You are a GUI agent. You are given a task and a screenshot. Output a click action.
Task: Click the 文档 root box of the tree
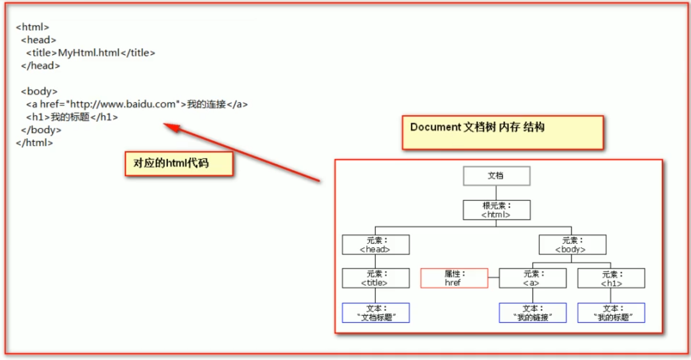[496, 176]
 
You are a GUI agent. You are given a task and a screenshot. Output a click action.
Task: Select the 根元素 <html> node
[496, 210]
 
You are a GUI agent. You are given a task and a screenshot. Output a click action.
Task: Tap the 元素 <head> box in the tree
[375, 244]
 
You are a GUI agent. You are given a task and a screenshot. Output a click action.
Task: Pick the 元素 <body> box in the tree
[572, 244]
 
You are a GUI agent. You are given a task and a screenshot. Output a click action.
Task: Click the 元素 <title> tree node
[375, 278]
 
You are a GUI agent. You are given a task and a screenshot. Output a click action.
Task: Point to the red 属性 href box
[454, 278]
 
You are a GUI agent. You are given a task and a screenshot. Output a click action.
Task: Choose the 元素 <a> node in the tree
[532, 278]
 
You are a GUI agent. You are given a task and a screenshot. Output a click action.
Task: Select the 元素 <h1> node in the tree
[611, 278]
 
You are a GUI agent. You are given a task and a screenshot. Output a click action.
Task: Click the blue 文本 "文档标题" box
[375, 312]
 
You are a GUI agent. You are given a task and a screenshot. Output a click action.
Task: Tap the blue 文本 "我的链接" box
[532, 312]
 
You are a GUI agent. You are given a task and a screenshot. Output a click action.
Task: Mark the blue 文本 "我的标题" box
[611, 312]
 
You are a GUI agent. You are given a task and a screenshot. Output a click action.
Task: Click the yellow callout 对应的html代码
[179, 164]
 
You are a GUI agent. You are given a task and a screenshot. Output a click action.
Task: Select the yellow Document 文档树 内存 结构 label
[502, 132]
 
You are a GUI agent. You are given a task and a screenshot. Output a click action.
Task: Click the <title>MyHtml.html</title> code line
[91, 53]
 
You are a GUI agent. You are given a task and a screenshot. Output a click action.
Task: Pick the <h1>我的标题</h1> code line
[72, 117]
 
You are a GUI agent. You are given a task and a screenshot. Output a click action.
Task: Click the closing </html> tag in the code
[34, 143]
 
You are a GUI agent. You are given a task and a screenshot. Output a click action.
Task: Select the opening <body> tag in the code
[39, 92]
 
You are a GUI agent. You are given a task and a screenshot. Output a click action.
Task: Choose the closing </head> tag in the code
[40, 65]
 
